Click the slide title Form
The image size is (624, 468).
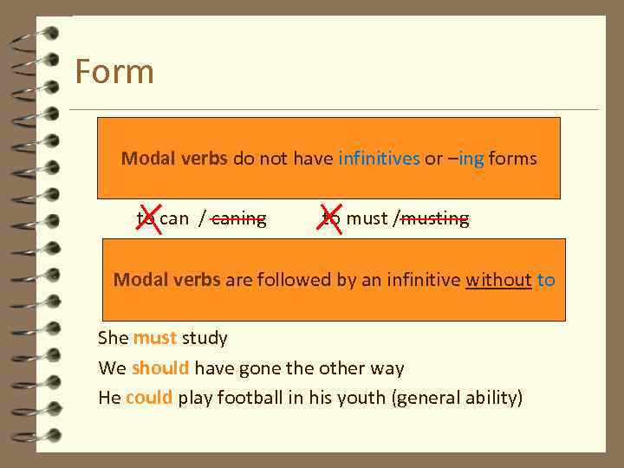[114, 71]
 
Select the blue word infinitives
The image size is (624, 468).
[379, 159]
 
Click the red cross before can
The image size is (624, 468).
[148, 218]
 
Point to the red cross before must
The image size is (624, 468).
[329, 218]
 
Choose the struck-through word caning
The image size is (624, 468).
[238, 218]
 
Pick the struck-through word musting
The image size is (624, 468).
[434, 218]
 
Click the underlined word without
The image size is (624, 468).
[498, 280]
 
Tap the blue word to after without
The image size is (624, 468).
[546, 280]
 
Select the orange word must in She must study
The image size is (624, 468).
[155, 337]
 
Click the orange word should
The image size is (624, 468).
[160, 367]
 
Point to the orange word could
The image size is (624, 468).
[149, 398]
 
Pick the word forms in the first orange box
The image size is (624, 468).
[513, 159]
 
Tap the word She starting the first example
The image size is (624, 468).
[114, 337]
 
